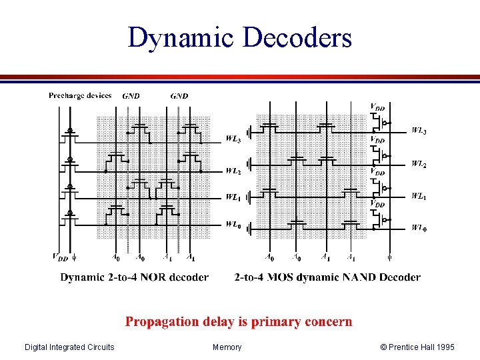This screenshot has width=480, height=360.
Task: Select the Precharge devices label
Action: click(80, 96)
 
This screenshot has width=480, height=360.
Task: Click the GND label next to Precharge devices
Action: click(131, 96)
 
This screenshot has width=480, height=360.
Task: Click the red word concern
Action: click(328, 322)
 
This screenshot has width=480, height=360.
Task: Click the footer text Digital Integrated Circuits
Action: click(69, 347)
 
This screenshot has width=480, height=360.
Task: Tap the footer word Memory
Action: click(227, 347)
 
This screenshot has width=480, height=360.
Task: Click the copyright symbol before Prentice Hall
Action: click(383, 347)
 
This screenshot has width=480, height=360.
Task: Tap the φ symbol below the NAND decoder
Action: click(390, 256)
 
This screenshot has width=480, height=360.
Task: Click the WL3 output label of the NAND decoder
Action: click(419, 131)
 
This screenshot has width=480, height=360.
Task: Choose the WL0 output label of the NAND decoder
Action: click(419, 228)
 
